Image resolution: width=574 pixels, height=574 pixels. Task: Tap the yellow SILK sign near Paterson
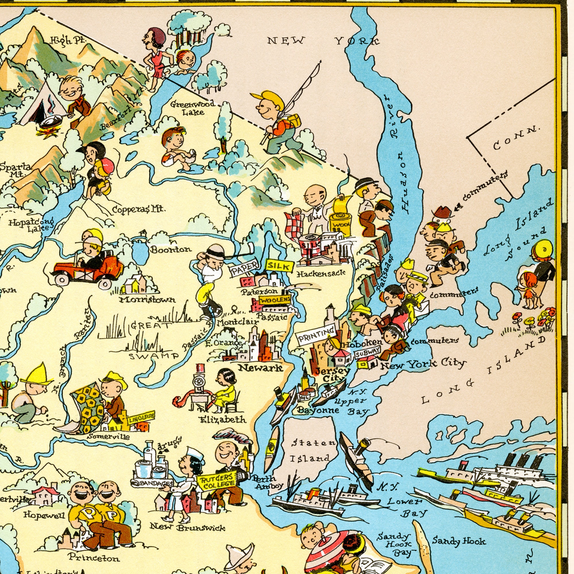click(x=280, y=266)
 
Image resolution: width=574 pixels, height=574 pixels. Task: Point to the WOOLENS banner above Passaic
click(x=275, y=300)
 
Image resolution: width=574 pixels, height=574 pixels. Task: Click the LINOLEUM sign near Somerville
click(x=141, y=419)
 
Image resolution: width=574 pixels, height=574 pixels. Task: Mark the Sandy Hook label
click(x=459, y=541)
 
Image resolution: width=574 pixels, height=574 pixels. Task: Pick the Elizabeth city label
click(x=223, y=419)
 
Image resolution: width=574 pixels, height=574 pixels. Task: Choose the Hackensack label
click(x=321, y=273)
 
